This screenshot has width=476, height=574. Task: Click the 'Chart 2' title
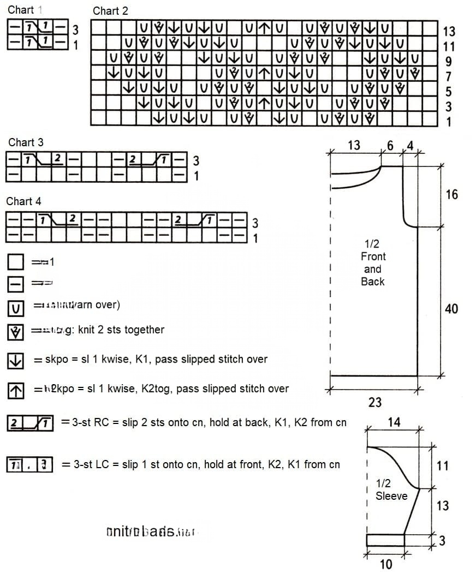111,11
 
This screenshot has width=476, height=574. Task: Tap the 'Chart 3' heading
26,142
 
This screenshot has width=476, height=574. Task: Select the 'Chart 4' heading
23,201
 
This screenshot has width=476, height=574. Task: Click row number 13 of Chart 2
449,32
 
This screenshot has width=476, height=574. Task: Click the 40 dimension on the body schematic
451,309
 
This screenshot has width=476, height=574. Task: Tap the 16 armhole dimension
451,194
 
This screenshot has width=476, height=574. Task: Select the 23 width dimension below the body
375,402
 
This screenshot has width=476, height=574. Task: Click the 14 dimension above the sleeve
394,422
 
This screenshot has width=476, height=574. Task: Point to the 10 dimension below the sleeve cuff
385,564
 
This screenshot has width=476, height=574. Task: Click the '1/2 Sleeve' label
391,489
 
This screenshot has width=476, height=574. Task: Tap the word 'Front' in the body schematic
373,256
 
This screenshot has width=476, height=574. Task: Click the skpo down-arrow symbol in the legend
16,360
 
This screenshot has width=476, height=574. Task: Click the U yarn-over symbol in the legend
16,309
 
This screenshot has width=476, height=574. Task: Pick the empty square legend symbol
16,263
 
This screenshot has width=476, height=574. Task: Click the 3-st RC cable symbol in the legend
30,423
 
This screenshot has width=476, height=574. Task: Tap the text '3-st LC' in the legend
90,465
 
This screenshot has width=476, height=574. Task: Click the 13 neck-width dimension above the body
354,145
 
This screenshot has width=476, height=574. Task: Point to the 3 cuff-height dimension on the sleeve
442,541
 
